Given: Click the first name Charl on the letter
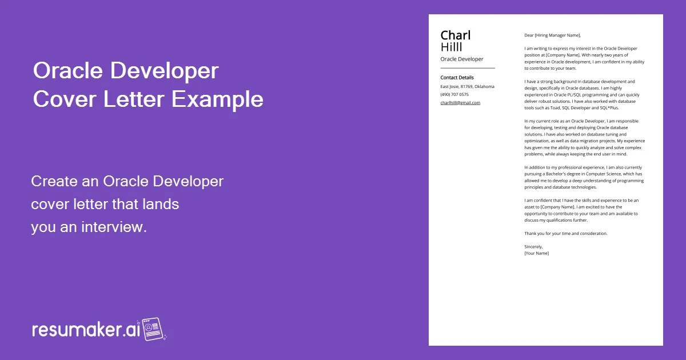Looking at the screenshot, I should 456,35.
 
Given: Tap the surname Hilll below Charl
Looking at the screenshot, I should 452,47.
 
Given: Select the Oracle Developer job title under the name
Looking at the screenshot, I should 462,59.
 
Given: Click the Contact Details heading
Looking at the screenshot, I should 457,78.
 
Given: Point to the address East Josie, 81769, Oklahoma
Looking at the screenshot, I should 467,87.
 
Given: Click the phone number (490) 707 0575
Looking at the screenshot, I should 454,95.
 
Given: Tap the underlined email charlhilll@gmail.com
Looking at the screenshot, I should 460,103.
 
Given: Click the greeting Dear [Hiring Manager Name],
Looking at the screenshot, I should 552,35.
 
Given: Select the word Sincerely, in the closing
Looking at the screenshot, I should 533,246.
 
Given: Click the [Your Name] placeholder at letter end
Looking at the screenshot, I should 536,253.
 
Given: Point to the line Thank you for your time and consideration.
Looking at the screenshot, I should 566,233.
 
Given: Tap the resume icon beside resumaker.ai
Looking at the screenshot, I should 153,329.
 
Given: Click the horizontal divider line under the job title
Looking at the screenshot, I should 468,68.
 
